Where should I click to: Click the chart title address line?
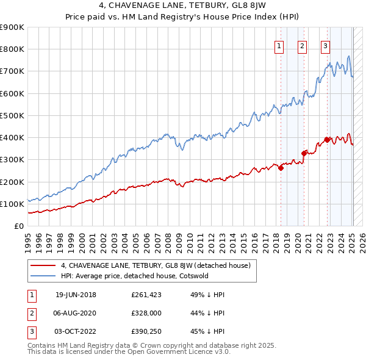183,8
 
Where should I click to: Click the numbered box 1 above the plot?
279,46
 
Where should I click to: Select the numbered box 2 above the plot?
302,46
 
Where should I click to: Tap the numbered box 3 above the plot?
325,46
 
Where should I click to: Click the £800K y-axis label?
12,49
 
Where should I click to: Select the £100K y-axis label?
12,204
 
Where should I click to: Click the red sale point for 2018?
281,168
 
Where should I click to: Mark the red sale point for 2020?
304,153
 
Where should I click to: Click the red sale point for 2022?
328,140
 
